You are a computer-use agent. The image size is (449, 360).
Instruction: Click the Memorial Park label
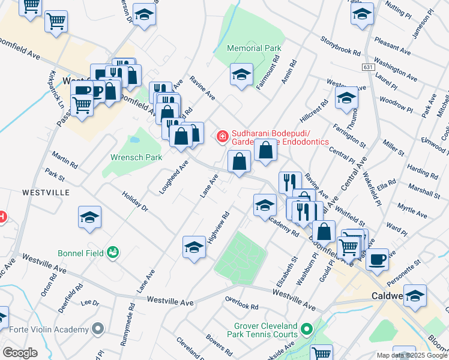[254, 48]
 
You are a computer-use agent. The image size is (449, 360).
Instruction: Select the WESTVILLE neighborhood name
[46, 193]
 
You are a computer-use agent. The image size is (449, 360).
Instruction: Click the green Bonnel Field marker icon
[112, 253]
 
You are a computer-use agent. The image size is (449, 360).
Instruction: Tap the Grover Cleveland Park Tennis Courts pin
[307, 329]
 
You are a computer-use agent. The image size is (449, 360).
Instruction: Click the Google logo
[20, 353]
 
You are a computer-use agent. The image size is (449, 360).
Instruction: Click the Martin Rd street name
[64, 160]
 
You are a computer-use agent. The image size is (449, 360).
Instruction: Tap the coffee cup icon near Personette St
[377, 259]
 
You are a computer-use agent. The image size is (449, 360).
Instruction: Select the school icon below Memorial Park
[241, 75]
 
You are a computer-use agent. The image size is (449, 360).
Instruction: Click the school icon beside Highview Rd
[194, 247]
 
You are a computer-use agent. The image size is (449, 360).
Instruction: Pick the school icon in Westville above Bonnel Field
[89, 217]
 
